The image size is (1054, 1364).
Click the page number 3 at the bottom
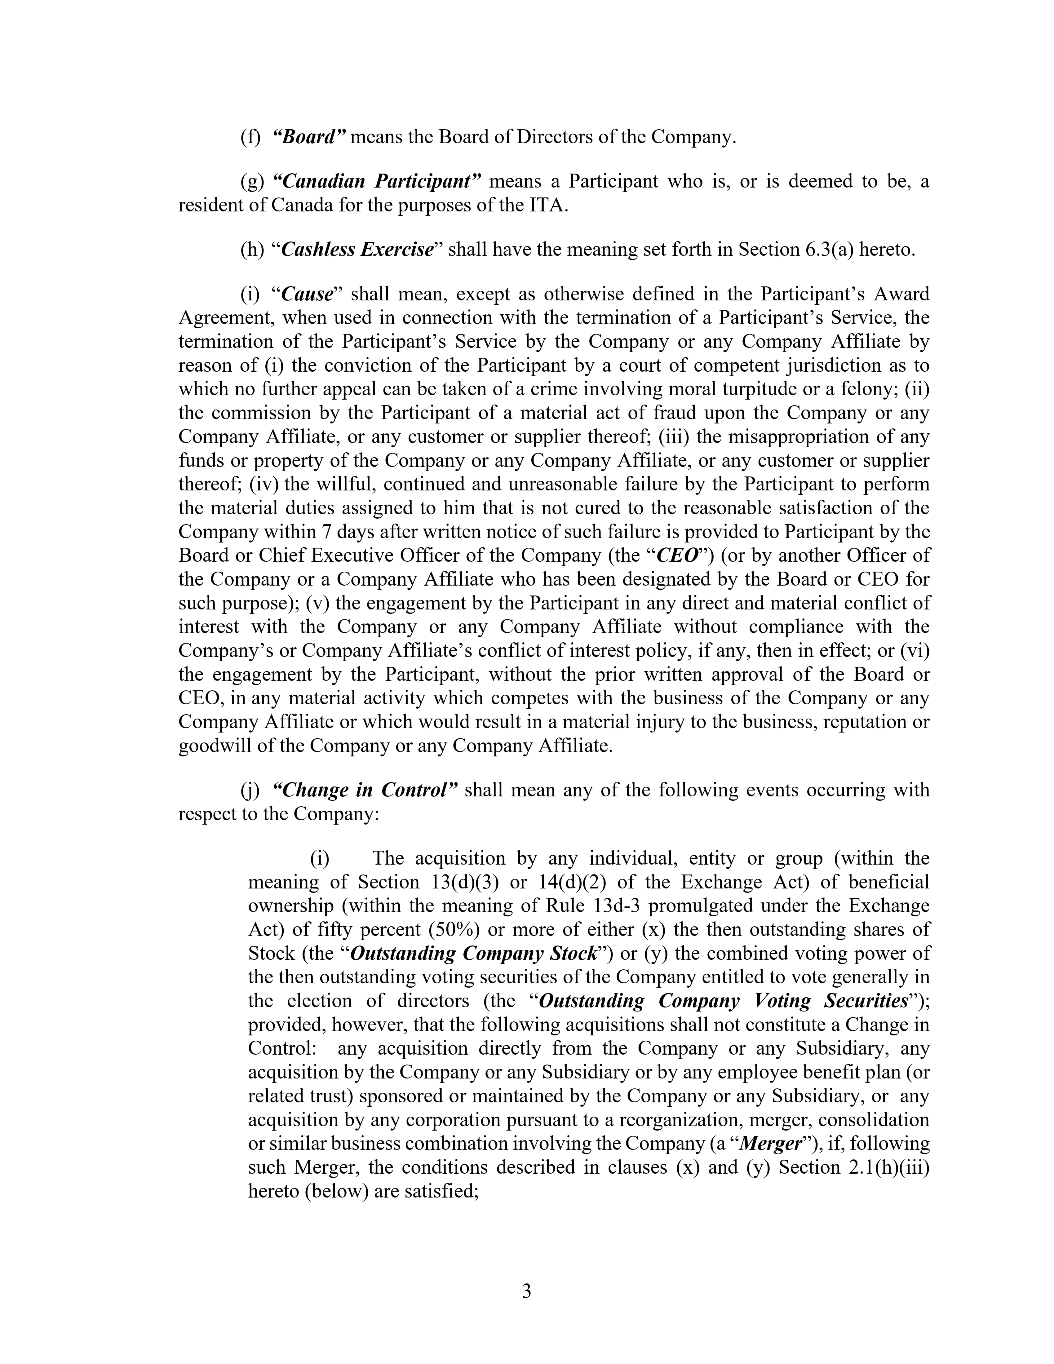pyautogui.click(x=526, y=1291)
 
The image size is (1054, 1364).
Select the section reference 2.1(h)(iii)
pyautogui.click(x=886, y=1167)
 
